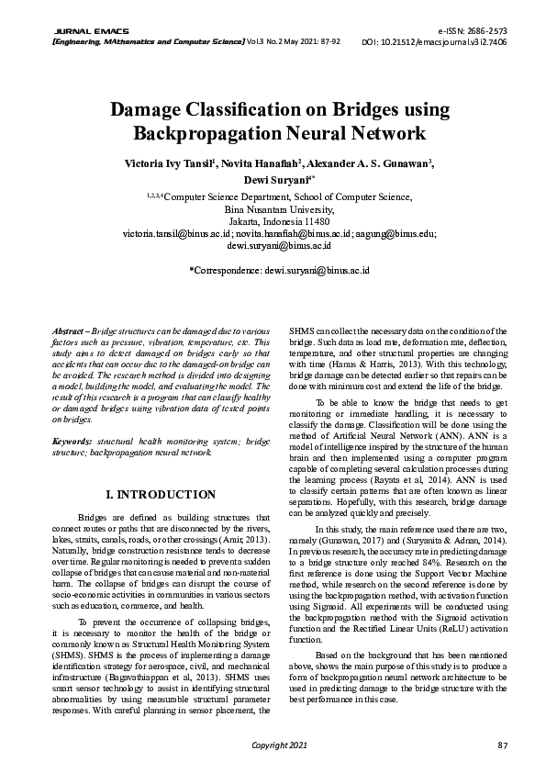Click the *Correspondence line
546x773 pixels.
tap(278, 273)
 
